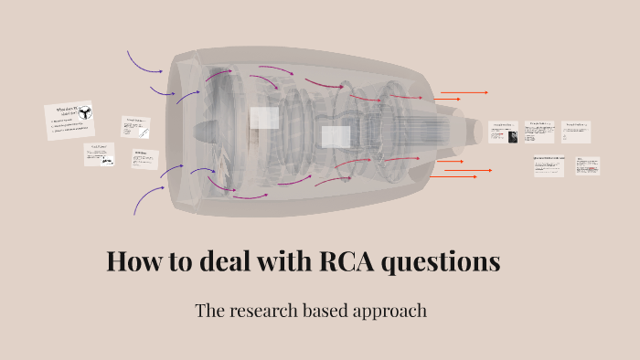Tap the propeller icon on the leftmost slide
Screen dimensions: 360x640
click(84, 114)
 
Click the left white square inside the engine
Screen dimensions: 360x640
click(264, 118)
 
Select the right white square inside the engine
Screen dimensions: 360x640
click(336, 137)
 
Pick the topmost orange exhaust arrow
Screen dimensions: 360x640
click(464, 93)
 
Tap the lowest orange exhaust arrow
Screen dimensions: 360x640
click(461, 176)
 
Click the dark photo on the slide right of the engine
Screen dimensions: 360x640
click(514, 136)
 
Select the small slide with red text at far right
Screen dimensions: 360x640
click(587, 166)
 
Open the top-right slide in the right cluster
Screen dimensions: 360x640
click(576, 132)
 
